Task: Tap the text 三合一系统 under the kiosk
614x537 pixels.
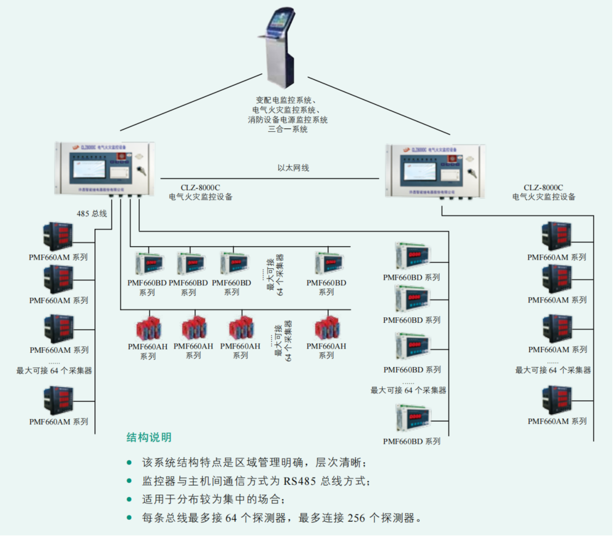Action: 288,129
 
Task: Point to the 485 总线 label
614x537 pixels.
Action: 91,214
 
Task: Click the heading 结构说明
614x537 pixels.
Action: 148,438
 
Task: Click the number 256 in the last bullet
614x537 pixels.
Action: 356,517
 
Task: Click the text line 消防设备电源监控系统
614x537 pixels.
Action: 288,120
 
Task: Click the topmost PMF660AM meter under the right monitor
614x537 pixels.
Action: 556,236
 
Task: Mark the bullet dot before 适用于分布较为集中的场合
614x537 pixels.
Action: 129,499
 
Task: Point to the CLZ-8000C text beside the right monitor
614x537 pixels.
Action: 543,187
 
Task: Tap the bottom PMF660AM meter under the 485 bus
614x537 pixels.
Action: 58,400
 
